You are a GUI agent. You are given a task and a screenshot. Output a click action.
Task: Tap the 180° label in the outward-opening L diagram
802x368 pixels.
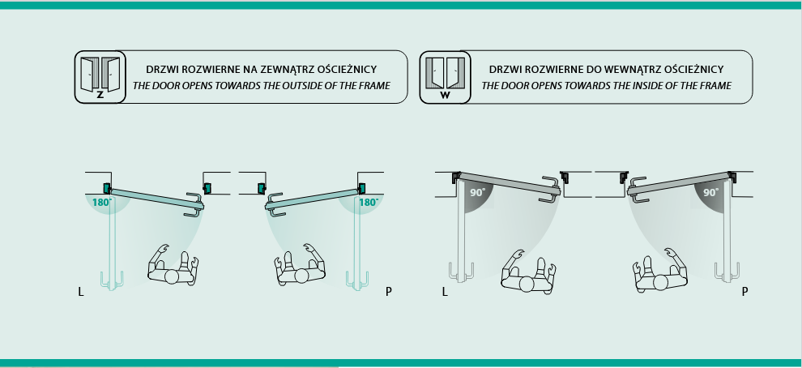tap(101, 202)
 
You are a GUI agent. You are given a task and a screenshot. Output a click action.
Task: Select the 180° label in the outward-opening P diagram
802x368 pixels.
tap(369, 202)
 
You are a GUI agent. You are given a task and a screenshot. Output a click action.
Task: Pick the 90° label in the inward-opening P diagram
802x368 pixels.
tap(711, 193)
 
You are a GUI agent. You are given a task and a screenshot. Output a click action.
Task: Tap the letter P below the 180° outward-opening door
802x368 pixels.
tap(389, 289)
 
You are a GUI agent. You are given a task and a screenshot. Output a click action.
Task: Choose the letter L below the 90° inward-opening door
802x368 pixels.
tap(445, 289)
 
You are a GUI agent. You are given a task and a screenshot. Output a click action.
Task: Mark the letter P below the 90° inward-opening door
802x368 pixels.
tap(744, 289)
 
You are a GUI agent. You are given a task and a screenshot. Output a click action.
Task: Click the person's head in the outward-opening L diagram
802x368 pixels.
tap(173, 276)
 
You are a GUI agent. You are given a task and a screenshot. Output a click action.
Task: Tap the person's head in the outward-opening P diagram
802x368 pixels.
tap(301, 276)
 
